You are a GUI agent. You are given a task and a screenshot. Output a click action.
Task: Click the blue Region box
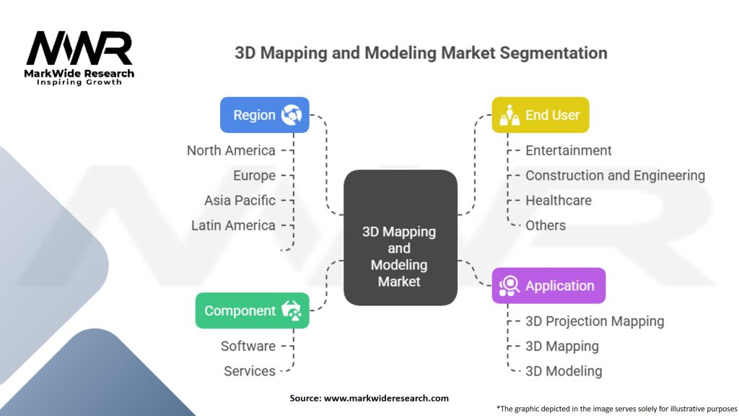point(264,115)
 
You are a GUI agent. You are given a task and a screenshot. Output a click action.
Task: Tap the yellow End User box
point(540,115)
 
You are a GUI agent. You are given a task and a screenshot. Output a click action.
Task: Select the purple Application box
point(548,286)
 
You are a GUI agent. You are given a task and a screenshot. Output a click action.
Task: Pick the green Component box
point(252,311)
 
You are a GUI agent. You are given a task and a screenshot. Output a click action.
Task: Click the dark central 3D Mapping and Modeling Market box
point(400,238)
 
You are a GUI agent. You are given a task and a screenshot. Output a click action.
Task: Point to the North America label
point(231,150)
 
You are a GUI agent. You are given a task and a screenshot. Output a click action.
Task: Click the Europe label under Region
point(255,175)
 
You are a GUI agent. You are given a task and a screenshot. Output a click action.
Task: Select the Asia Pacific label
point(240,201)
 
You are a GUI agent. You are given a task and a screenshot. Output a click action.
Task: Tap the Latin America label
point(233,225)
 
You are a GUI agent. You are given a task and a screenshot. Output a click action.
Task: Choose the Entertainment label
point(569,150)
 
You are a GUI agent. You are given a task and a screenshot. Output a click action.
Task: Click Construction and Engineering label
point(615,175)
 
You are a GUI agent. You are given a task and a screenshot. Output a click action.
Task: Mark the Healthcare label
point(559,201)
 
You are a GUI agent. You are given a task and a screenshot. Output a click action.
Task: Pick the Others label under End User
point(546,225)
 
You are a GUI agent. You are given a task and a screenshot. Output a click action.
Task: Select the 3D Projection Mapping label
point(595,321)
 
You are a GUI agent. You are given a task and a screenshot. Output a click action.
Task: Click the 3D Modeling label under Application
point(564,371)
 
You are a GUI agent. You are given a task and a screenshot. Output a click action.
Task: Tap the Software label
point(248,346)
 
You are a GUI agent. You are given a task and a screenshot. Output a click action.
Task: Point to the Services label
point(249,371)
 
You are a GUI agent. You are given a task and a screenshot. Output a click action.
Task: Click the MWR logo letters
point(79,48)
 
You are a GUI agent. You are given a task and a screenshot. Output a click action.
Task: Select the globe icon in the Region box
point(292,115)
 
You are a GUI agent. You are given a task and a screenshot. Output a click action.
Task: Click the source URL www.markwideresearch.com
point(386,398)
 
